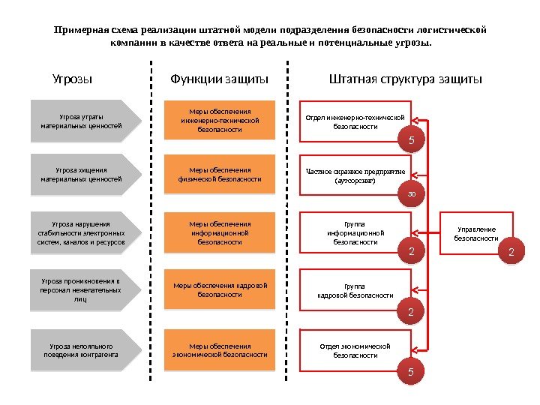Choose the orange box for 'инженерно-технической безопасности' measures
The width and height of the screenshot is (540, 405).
[x=220, y=121]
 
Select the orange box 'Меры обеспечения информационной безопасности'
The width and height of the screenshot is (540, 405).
[x=220, y=232]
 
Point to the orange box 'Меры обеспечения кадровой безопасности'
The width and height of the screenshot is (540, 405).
[x=220, y=290]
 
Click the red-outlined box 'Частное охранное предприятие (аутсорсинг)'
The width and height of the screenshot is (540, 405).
[x=355, y=176]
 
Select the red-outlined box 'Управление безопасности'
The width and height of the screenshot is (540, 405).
[x=476, y=233]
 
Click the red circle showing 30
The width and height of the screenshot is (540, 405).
[x=411, y=194]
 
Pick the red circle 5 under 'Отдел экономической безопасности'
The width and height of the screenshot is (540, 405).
[x=411, y=371]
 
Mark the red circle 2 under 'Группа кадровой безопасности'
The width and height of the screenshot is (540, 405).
[x=411, y=310]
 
